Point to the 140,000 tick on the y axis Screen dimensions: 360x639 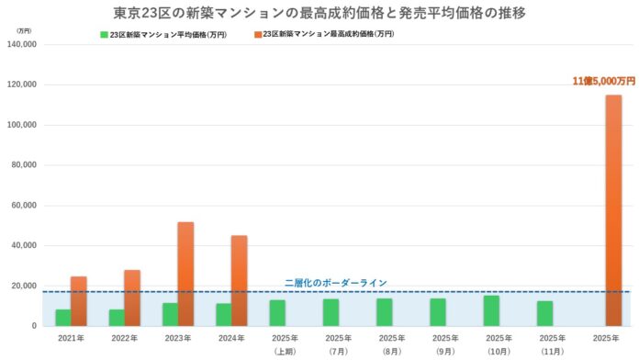click(20, 44)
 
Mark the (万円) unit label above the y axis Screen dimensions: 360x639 click(23, 30)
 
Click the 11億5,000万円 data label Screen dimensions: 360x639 click(603, 82)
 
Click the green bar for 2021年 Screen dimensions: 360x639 click(62, 317)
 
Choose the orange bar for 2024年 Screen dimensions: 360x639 click(239, 280)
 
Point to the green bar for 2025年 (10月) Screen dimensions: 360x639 click(491, 310)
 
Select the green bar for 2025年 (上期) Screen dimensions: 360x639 click(277, 312)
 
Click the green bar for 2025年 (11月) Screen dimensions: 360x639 click(544, 313)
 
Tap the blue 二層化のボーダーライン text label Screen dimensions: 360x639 click(335, 283)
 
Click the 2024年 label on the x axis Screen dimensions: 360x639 click(230, 339)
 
